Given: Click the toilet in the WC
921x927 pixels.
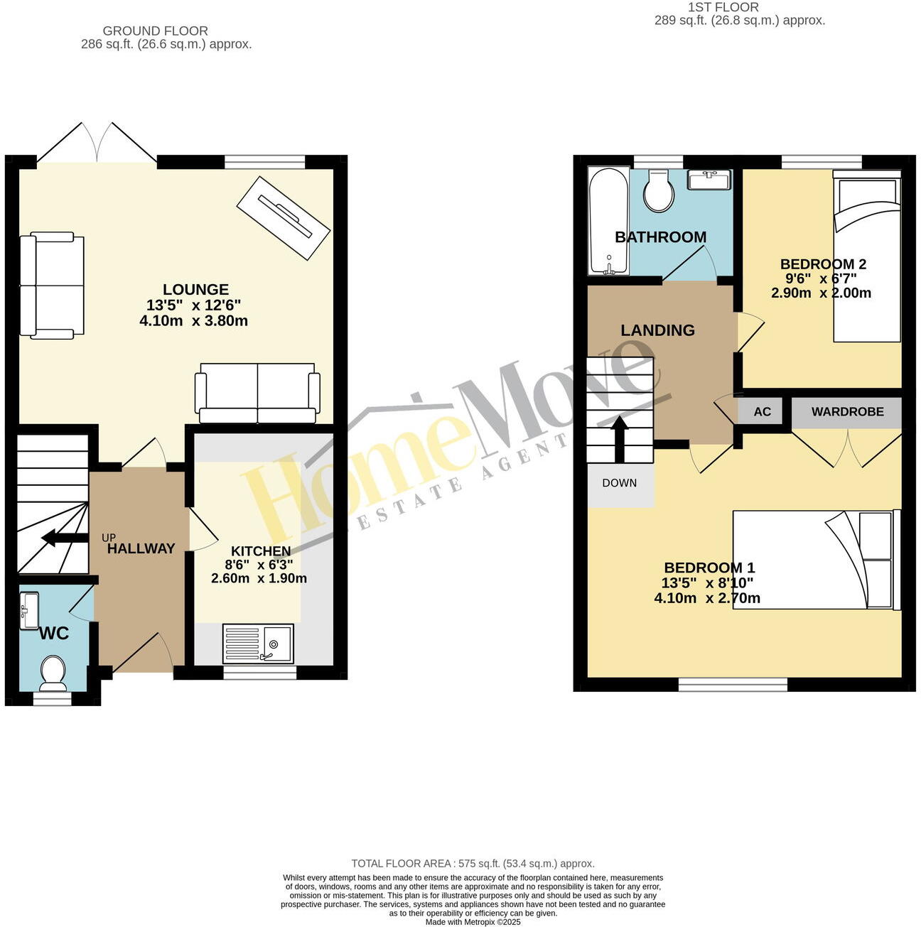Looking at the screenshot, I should click(x=53, y=672).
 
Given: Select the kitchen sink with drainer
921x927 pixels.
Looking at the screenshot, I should click(x=257, y=643).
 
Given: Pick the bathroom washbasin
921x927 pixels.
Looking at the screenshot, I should click(x=709, y=179).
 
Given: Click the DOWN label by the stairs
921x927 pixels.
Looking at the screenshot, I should click(x=620, y=483).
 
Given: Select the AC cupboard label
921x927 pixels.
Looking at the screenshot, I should click(x=762, y=412).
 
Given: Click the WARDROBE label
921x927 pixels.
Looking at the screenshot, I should click(x=847, y=412).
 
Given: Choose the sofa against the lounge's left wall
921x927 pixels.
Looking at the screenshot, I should click(x=52, y=284).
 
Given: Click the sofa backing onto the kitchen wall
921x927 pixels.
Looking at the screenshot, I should click(x=257, y=393).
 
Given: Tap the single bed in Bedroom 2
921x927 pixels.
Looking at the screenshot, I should click(x=866, y=256).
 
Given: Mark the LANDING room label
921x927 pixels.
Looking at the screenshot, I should click(x=657, y=330).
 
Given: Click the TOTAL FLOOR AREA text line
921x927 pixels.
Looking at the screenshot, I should click(x=473, y=864).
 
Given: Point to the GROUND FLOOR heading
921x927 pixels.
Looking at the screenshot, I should click(x=156, y=31).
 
